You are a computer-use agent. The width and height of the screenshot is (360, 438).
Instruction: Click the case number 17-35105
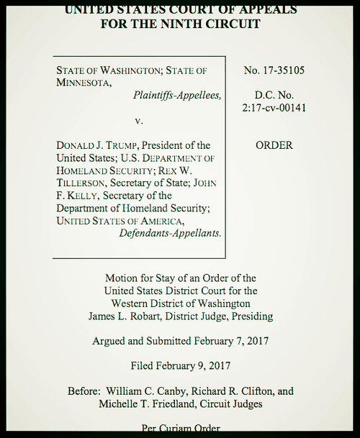click(x=284, y=70)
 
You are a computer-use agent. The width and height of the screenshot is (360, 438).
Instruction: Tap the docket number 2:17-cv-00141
click(x=274, y=108)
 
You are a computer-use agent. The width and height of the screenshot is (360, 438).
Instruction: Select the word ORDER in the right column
click(x=274, y=145)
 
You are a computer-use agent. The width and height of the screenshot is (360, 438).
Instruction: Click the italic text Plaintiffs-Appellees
click(x=177, y=95)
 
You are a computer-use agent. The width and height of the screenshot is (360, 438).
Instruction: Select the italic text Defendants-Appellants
click(x=170, y=233)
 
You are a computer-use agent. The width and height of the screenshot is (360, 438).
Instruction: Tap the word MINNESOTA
click(x=83, y=83)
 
